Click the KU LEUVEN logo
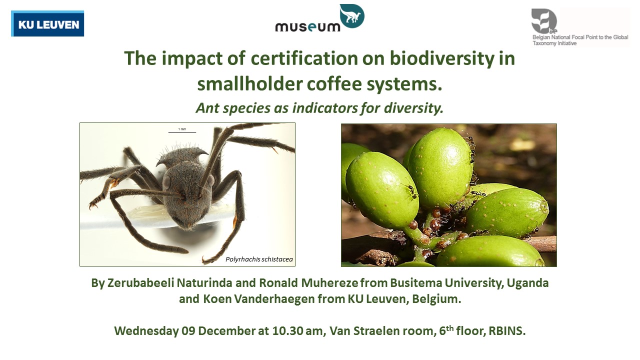click(47, 23)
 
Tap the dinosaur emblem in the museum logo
click(352, 15)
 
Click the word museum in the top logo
click(307, 27)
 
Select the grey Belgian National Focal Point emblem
click(544, 21)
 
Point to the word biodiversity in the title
click(442, 59)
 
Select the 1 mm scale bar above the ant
click(182, 132)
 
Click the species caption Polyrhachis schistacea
click(259, 259)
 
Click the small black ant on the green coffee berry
click(411, 190)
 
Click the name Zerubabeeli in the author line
click(141, 283)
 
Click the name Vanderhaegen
click(274, 299)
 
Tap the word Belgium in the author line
click(436, 299)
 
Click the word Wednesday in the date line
click(146, 331)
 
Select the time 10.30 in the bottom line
click(287, 331)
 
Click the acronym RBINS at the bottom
click(507, 331)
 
